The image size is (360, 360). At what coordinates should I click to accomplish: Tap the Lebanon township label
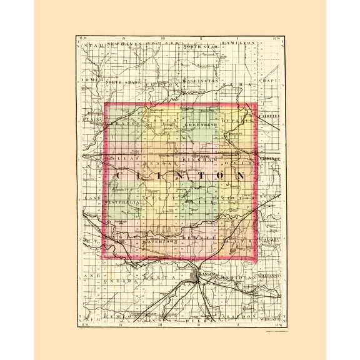point(126,124)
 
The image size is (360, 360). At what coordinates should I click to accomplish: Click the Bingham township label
point(201,161)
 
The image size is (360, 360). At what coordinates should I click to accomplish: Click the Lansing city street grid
point(196,275)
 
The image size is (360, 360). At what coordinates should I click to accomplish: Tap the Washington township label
point(202,81)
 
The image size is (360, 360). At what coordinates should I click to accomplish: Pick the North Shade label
point(122,82)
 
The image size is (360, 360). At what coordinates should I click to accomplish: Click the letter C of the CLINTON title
point(121,177)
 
